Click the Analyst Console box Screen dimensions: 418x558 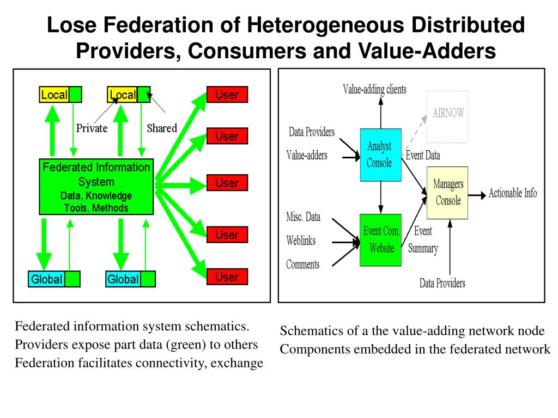tap(380, 155)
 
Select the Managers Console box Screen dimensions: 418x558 tap(448, 193)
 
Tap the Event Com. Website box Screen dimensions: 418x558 tap(381, 240)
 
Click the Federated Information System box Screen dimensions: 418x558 tap(96, 186)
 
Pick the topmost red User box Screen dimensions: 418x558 tap(227, 95)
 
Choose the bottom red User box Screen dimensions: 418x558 tap(227, 276)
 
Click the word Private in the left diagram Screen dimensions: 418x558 tap(92, 128)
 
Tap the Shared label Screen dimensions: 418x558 tap(162, 128)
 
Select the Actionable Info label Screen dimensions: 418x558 tap(512, 193)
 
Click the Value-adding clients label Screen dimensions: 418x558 tap(374, 90)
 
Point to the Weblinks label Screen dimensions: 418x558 tap(301, 241)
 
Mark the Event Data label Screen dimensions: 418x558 tap(423, 156)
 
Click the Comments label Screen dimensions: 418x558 tap(302, 265)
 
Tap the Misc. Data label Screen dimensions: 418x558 tap(303, 217)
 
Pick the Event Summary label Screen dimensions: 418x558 tap(423, 240)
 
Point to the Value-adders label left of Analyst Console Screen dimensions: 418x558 tap(307, 156)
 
